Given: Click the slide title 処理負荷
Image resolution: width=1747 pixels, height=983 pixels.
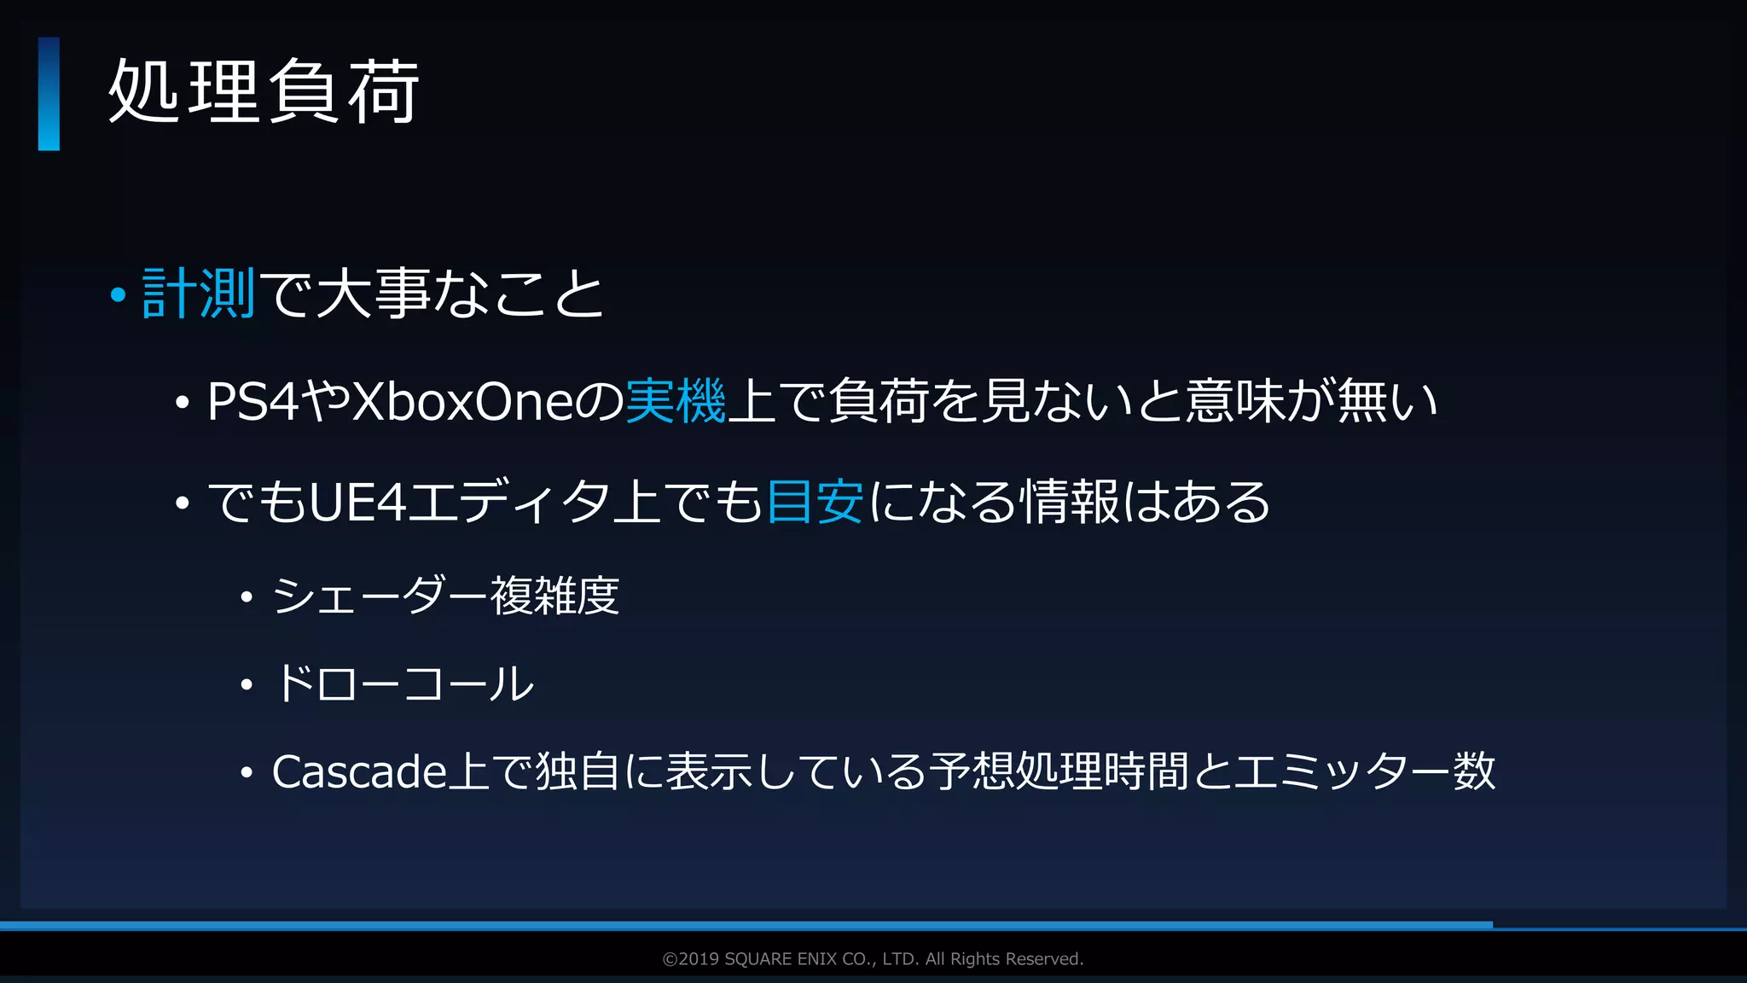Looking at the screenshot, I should pos(264,92).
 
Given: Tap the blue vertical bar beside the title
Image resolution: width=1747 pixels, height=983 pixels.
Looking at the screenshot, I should pos(49,94).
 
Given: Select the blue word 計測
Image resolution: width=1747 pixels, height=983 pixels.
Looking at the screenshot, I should pos(199,294).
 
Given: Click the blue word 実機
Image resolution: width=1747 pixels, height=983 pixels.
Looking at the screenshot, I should pos(676,401).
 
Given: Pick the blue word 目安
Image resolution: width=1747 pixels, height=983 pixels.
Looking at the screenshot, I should pos(815,501).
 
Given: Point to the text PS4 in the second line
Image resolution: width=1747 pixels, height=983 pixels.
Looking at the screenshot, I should pos(253,402).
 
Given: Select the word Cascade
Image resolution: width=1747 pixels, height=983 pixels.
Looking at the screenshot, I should pos(359,771).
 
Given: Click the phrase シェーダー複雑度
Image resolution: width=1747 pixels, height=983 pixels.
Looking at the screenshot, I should pos(445,596).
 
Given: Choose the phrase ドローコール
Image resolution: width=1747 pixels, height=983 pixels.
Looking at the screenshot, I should pos(403,683).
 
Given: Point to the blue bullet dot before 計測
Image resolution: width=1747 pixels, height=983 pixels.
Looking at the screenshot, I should pos(119,295).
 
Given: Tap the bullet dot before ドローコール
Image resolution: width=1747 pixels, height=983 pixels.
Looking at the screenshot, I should pos(247,684).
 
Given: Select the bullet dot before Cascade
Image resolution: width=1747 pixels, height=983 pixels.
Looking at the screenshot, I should pos(247,773).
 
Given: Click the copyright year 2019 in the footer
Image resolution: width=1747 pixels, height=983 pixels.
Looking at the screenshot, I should pos(699,959).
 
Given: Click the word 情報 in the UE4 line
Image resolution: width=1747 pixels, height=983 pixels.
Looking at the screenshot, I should pos(1071,501).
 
